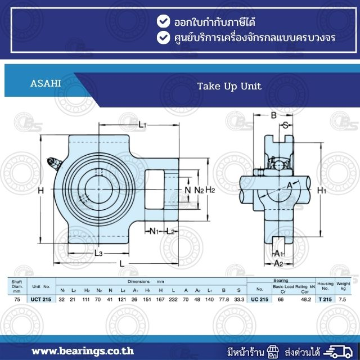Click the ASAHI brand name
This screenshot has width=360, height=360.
coord(46,84)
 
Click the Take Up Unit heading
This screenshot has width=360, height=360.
coord(229,86)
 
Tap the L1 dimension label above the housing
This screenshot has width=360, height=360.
coord(142,125)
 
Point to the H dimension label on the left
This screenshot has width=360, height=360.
coord(40,190)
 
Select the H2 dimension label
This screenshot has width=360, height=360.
coord(210,190)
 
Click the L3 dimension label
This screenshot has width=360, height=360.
coord(98,253)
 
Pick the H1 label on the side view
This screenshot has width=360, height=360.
coord(321,190)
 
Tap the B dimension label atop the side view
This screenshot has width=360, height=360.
coord(273,115)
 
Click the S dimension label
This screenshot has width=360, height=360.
coord(285,125)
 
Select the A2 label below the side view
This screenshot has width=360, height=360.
coord(278,263)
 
